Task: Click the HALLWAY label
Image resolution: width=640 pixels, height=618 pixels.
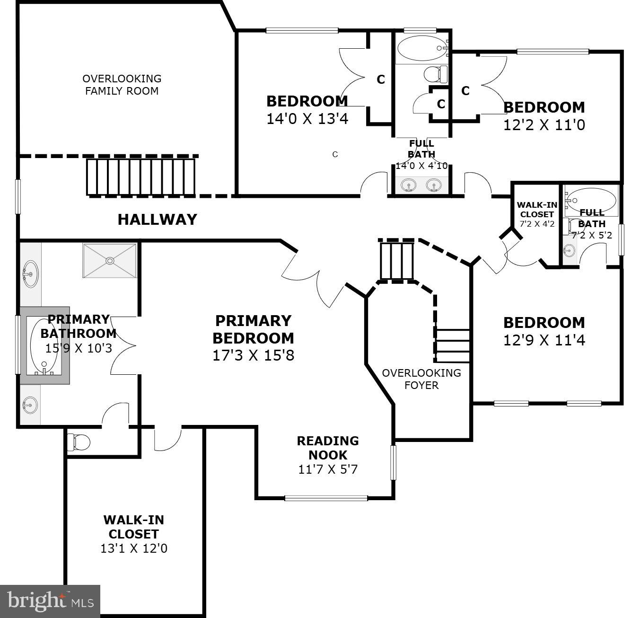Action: point(157,220)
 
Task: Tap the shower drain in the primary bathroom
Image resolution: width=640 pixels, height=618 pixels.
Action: point(110,260)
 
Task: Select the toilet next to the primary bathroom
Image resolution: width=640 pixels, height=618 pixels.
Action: point(79,442)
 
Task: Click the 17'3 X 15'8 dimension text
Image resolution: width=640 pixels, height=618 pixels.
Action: point(253,355)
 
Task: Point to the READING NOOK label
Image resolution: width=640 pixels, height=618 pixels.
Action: point(328,448)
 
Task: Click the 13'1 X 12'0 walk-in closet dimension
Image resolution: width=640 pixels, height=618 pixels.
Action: point(134,548)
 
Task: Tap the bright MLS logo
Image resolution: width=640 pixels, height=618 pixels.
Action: point(50,601)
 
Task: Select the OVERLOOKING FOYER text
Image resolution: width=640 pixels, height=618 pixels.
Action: point(421,379)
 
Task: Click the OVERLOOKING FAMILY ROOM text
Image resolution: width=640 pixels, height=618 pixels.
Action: point(122,85)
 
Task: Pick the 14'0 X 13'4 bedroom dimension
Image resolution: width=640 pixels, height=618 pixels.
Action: point(307,118)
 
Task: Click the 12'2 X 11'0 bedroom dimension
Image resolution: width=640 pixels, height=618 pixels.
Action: point(544,125)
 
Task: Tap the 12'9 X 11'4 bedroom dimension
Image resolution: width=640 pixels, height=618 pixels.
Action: point(544,340)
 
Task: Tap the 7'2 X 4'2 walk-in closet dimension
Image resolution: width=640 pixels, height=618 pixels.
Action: point(537,224)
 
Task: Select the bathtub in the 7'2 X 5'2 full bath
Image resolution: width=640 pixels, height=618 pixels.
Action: point(591,200)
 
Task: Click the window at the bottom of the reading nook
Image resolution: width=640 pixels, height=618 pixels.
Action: point(326,498)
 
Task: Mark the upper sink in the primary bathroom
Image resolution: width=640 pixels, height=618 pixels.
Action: point(30,274)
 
